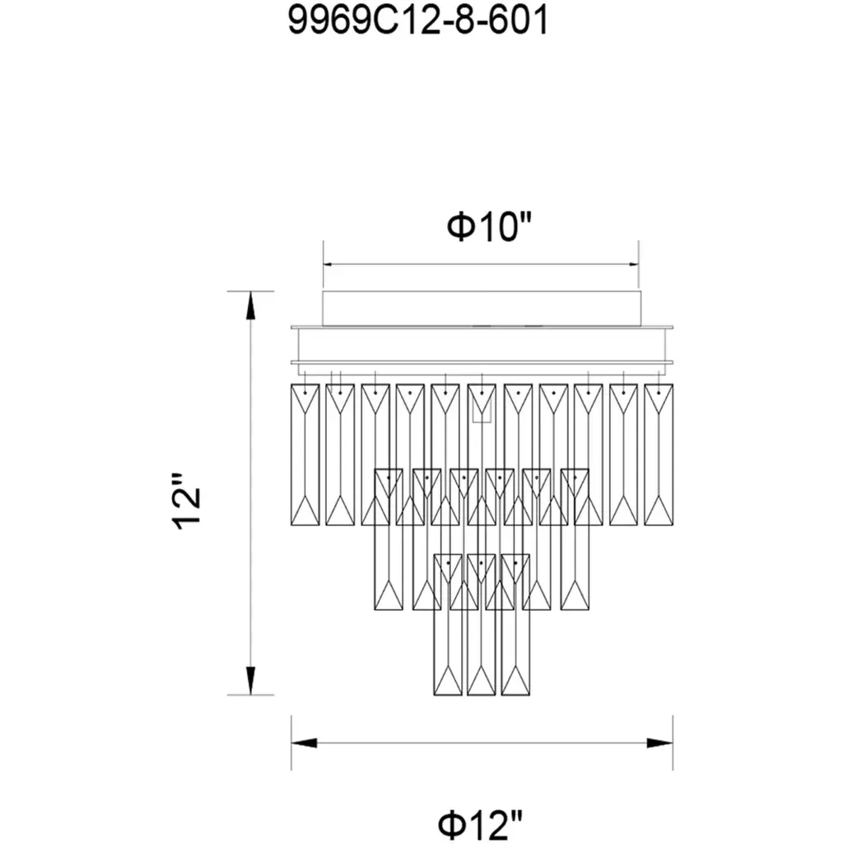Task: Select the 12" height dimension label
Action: [187, 501]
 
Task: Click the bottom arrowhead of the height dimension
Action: [250, 681]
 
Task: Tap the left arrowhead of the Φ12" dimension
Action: [305, 743]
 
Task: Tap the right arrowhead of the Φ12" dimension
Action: [659, 743]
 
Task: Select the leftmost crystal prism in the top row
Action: [305, 454]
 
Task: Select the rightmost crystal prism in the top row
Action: [659, 454]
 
